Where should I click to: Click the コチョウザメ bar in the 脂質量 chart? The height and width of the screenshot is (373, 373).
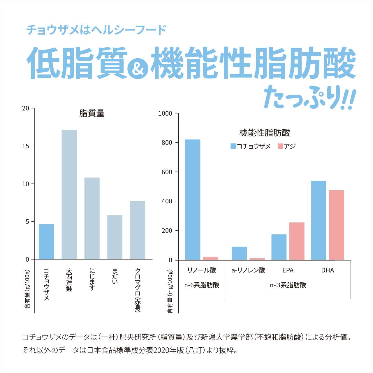46,242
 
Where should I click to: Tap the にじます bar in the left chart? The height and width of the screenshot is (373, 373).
92,218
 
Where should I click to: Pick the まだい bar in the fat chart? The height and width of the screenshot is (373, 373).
115,237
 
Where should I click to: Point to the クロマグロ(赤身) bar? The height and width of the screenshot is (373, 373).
138,230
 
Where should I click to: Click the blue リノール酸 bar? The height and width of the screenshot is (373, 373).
193,200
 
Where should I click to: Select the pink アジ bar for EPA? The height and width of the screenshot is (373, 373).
297,241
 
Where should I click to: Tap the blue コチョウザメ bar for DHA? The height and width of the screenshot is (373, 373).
319,220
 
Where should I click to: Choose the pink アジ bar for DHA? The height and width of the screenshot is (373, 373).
337,225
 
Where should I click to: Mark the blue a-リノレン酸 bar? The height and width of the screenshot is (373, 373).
239,253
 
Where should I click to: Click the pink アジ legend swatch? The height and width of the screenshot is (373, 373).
280,146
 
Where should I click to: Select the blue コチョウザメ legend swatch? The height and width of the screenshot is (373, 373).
233,146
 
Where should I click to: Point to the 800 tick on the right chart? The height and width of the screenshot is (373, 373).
167,142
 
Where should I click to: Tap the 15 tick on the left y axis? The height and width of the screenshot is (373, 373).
26,146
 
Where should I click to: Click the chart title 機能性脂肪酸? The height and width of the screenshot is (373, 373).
265,133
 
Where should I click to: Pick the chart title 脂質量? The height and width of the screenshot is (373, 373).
92,113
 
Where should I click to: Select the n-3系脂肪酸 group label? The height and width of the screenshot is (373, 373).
288,285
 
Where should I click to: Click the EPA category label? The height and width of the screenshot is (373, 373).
288,270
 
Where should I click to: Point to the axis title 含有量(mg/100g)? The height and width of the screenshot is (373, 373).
170,291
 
